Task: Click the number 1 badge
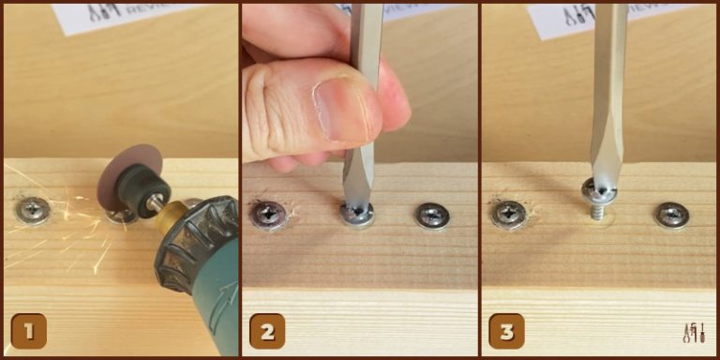point(28,330)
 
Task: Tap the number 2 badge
point(267,330)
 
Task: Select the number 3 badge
point(506,330)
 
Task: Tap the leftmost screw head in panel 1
point(33,210)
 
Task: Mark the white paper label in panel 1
point(122,15)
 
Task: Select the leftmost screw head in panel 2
point(268,215)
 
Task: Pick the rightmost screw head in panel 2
point(432,215)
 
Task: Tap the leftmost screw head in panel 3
point(509,215)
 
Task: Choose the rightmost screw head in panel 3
point(671,215)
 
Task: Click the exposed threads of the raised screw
point(596,211)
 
